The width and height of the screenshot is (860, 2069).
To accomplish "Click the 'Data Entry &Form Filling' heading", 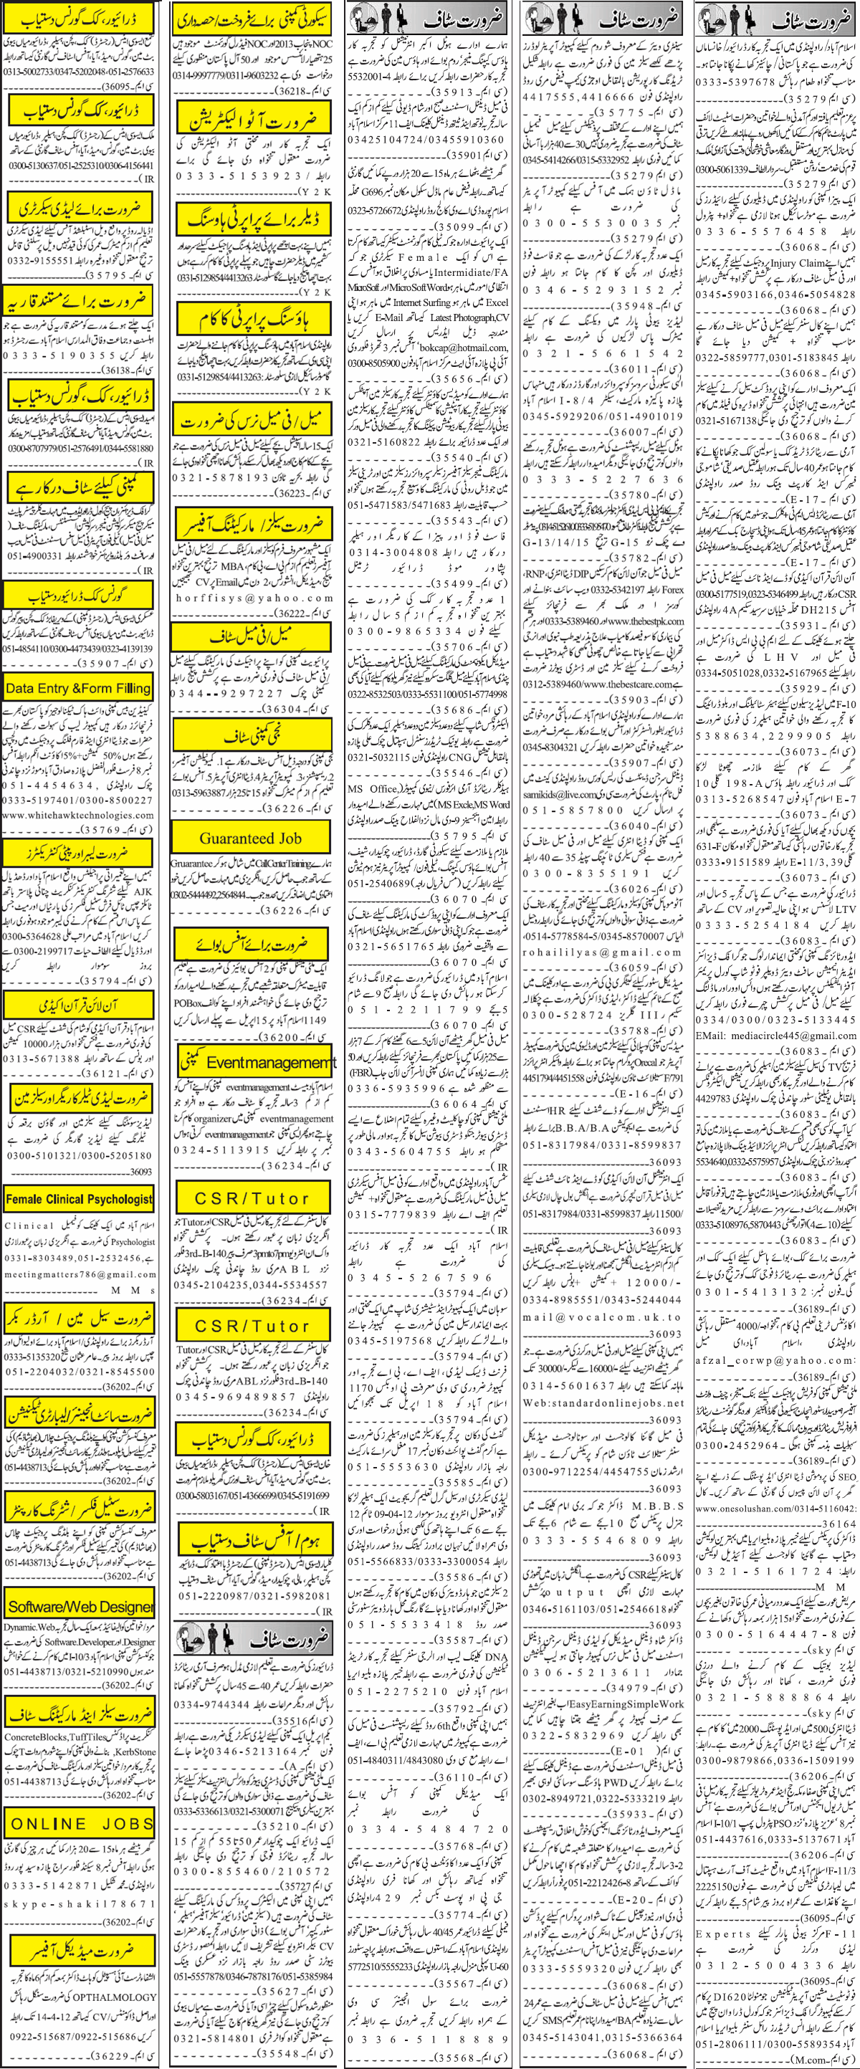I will click(x=79, y=688).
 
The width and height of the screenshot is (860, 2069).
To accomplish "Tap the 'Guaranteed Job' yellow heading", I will click(x=251, y=838).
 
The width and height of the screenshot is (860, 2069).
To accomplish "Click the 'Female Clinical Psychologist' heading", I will click(x=79, y=1199).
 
